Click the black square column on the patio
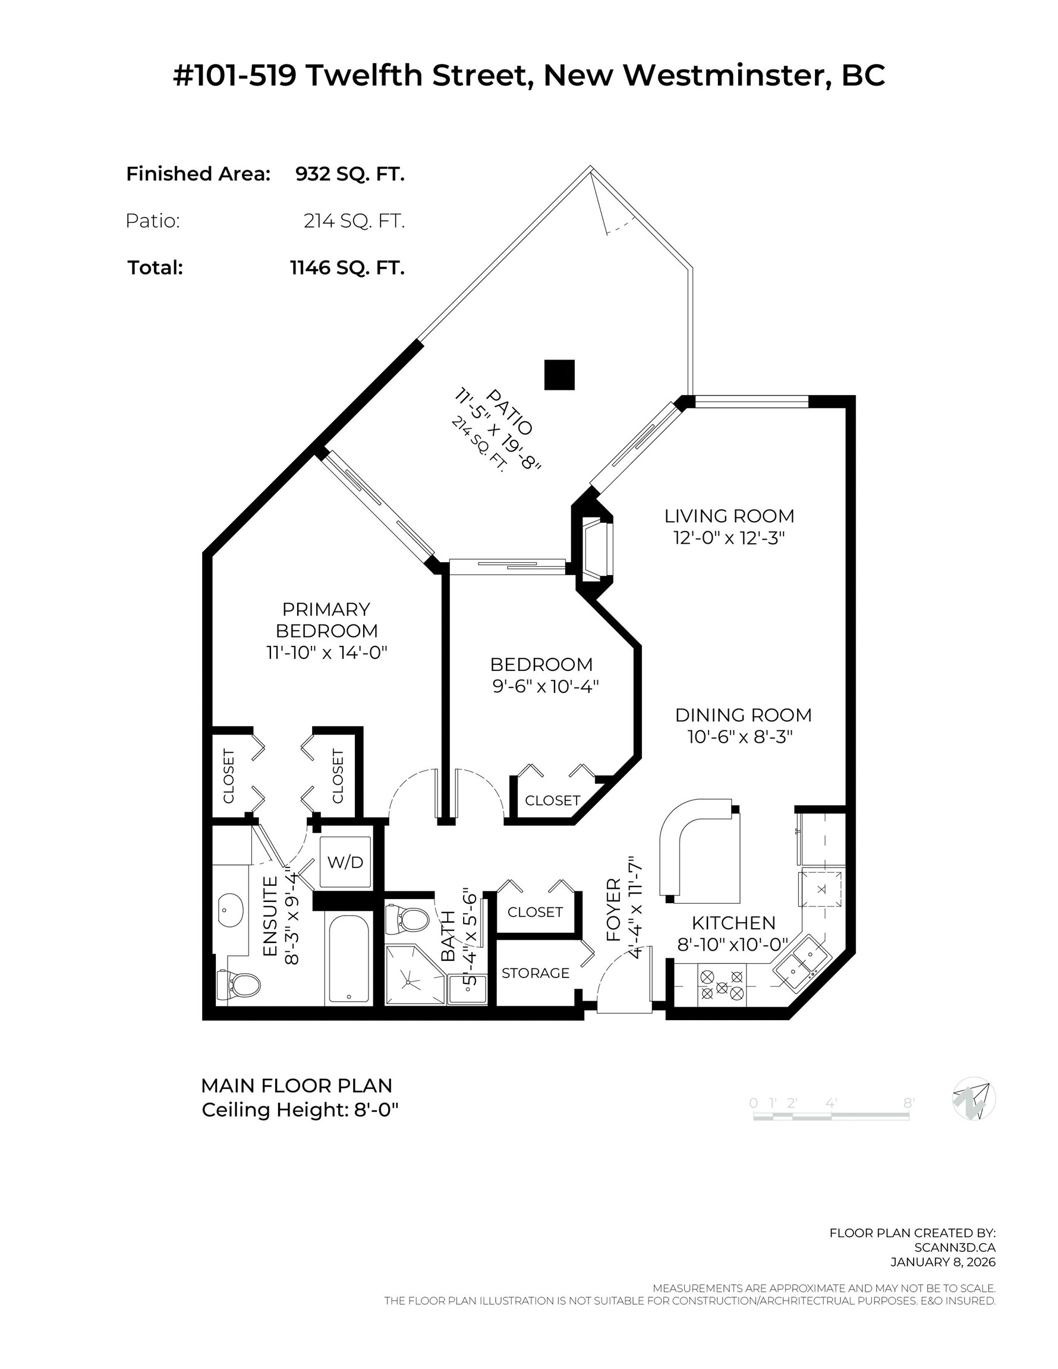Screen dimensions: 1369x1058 point(559,375)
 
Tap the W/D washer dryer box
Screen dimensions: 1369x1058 point(345,862)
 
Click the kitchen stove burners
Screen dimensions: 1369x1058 point(721,985)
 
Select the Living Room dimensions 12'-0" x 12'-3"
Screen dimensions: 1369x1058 point(729,538)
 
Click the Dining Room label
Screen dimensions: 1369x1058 point(743,715)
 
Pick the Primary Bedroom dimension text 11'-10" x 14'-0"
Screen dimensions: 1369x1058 point(327,652)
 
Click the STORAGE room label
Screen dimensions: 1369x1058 point(536,973)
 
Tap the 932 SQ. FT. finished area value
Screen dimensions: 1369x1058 point(350,174)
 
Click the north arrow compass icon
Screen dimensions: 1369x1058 point(974,1099)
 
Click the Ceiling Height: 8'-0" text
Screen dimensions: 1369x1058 point(300,1110)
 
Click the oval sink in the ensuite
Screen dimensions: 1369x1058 point(230,910)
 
